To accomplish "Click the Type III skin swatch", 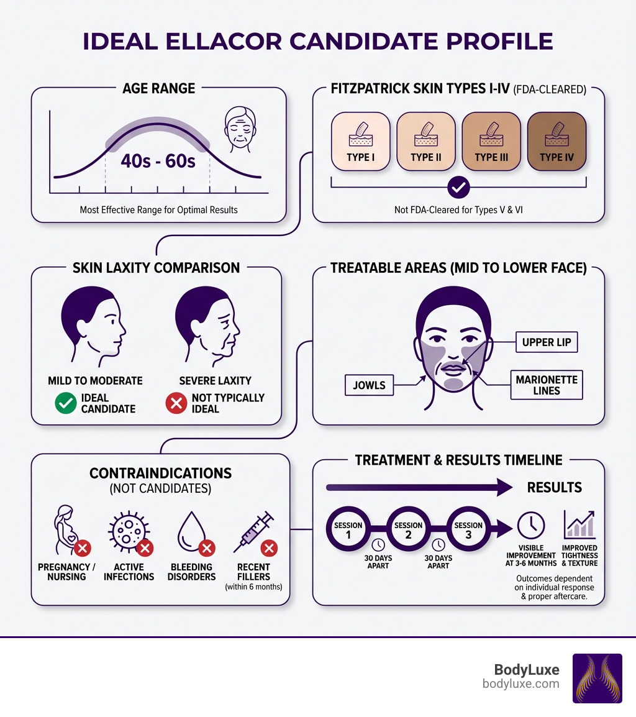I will [x=491, y=141].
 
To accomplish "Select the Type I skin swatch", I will [x=361, y=141].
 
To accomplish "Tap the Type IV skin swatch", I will [x=556, y=141].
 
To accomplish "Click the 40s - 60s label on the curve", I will [x=158, y=161].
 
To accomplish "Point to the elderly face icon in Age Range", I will [x=239, y=129].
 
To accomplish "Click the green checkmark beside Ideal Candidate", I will [x=65, y=403].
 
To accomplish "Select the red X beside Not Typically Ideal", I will [x=176, y=403].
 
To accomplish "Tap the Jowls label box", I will [x=369, y=385].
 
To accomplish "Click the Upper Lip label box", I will [x=547, y=342].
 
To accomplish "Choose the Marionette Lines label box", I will [x=546, y=385].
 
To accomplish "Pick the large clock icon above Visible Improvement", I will [x=531, y=526].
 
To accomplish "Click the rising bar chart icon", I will [x=579, y=525].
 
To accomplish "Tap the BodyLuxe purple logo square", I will [x=597, y=678].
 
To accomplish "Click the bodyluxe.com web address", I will [x=520, y=684].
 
